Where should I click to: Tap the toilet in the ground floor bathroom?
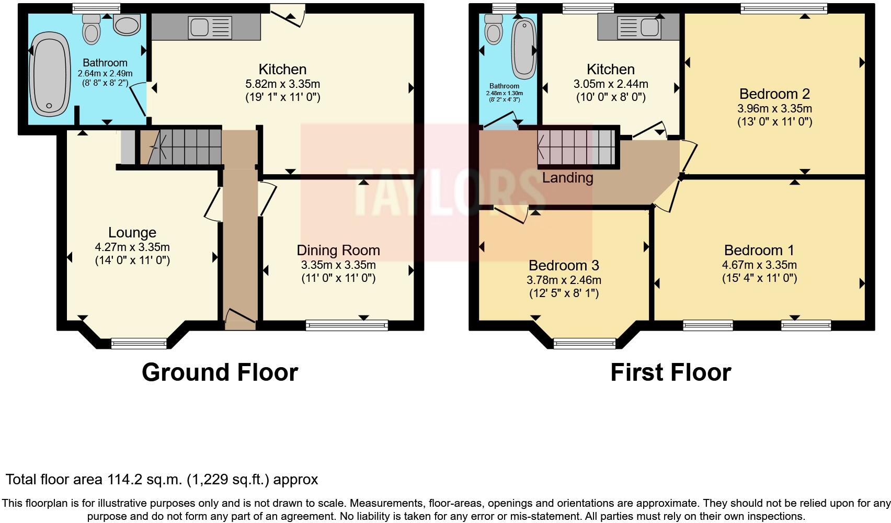[92, 29]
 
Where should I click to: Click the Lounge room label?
[132, 233]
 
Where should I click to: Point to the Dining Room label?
[338, 251]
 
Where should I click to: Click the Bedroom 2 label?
[774, 94]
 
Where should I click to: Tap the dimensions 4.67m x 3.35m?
[759, 265]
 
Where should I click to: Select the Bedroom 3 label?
[564, 266]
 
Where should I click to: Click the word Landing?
[567, 178]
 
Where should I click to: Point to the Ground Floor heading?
[220, 372]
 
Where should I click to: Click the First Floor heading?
[670, 372]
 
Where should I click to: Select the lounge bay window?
[139, 344]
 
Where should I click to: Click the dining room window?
[347, 325]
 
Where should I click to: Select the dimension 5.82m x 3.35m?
[282, 84]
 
